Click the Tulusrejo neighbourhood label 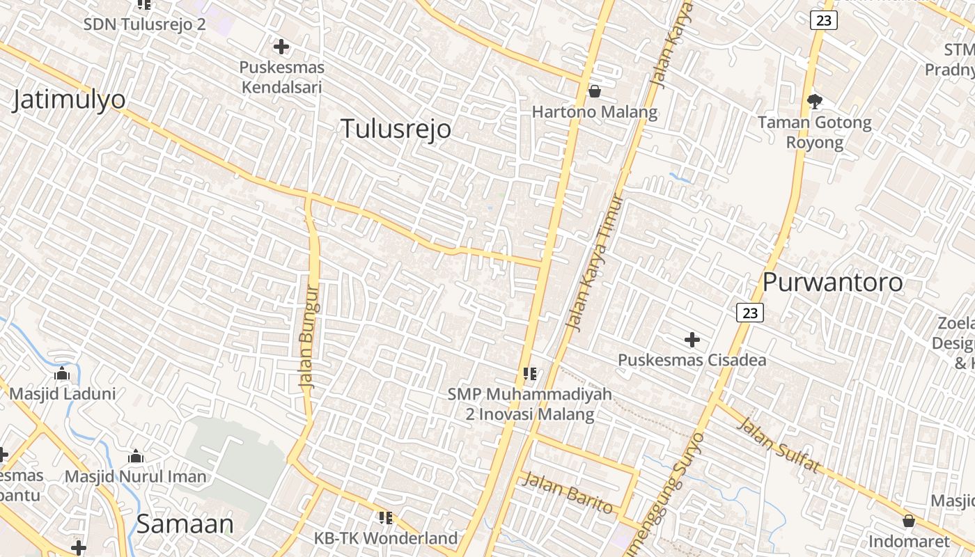[x=396, y=129]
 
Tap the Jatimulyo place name [x=69, y=100]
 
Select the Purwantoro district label [x=832, y=282]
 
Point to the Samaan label [x=185, y=524]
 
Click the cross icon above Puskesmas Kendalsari [x=281, y=47]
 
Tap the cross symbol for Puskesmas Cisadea [x=692, y=340]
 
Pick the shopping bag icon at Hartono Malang [x=594, y=91]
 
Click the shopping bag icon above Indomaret [x=909, y=520]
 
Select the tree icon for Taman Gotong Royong [x=814, y=102]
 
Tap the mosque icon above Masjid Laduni [x=62, y=374]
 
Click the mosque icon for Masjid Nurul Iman [x=136, y=457]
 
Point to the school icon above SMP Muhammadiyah [x=530, y=374]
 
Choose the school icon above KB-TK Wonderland [x=385, y=517]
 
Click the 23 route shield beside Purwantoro [x=750, y=313]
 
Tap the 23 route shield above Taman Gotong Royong [x=824, y=20]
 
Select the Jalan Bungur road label [x=309, y=336]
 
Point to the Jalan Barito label [x=568, y=492]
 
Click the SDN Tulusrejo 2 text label [x=144, y=24]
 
